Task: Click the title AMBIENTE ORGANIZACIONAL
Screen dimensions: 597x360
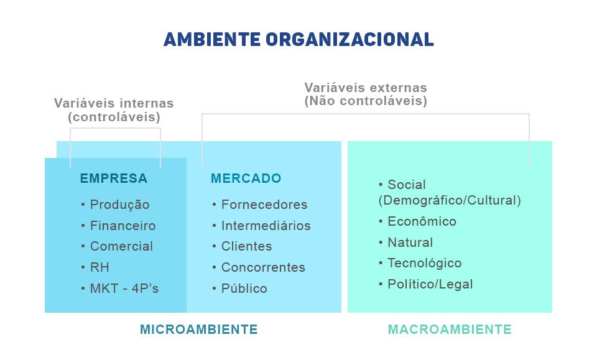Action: (298, 40)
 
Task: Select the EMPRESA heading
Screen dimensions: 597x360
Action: (113, 178)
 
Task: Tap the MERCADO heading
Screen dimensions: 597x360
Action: (246, 178)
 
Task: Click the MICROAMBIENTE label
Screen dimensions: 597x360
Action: (199, 329)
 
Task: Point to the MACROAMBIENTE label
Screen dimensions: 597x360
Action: (450, 329)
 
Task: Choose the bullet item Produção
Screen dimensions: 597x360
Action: (119, 205)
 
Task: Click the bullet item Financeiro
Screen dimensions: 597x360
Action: (123, 226)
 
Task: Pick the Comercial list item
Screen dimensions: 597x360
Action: (121, 246)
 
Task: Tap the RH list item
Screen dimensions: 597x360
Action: (99, 267)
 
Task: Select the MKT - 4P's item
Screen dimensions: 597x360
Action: (124, 288)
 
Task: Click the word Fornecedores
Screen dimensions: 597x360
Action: (264, 205)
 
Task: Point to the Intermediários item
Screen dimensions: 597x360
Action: (266, 226)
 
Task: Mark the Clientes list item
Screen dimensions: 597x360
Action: (247, 246)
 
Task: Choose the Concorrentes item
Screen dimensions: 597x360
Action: (263, 267)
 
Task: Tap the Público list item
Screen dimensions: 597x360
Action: (244, 288)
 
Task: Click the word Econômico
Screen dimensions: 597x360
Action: (422, 221)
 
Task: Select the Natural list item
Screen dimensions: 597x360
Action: (410, 242)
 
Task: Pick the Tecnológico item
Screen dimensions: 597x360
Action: (425, 264)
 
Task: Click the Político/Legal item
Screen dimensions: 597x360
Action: (430, 284)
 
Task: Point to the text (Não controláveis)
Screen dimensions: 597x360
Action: (366, 101)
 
